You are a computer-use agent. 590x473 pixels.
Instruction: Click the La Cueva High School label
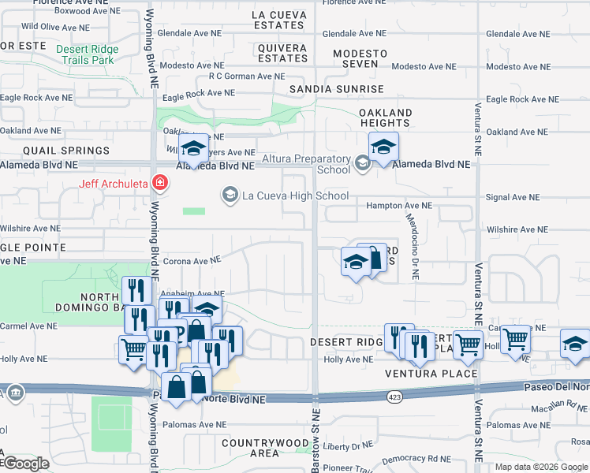point(295,196)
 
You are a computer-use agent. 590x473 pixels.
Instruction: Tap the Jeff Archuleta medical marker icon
point(160,184)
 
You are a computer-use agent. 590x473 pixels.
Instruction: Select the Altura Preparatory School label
point(306,164)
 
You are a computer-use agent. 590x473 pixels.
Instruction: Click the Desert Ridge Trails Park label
point(87,54)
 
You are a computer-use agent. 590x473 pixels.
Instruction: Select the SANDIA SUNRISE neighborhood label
point(336,89)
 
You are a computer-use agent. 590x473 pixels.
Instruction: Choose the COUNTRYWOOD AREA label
point(261,448)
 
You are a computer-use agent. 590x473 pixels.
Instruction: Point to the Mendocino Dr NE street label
point(413,236)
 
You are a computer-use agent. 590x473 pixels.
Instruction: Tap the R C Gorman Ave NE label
point(246,76)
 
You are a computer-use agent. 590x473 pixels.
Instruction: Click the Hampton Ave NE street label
point(399,205)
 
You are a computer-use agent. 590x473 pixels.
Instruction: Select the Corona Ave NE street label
point(191,261)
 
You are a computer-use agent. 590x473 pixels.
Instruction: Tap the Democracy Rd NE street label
point(419,459)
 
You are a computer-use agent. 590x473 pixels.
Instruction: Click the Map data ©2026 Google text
point(541,467)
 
